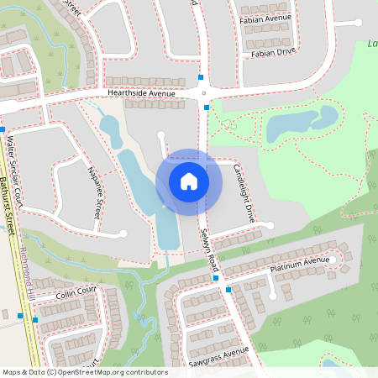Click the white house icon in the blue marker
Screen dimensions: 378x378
coord(189,181)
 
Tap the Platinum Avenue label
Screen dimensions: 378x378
coord(299,264)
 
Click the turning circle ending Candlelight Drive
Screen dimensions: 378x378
coord(270,225)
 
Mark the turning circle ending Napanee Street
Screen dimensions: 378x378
coord(123,234)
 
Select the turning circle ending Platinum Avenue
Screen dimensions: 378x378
coord(332,260)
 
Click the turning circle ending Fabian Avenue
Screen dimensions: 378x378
coord(334,22)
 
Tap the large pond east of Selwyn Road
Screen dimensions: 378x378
coord(301,124)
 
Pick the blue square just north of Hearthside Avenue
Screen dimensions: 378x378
coord(201,77)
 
